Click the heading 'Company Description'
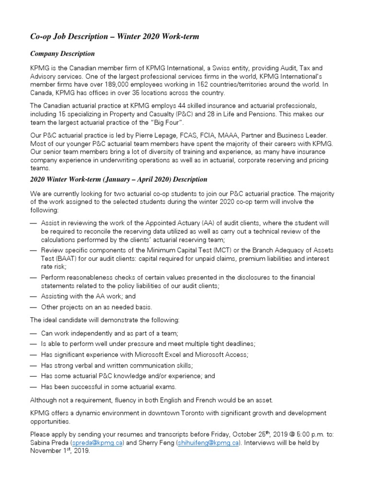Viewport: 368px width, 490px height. tap(62, 54)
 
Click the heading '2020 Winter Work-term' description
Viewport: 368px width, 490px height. tap(118, 179)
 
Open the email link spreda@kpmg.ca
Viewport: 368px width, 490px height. tap(98, 443)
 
